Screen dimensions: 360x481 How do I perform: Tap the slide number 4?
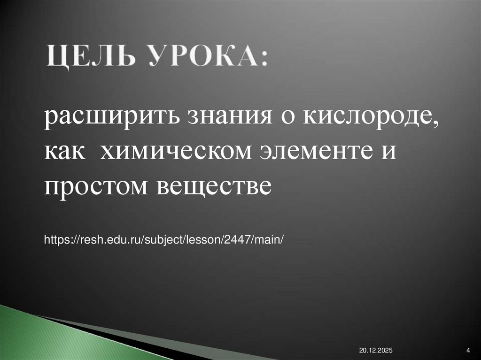point(468,350)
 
